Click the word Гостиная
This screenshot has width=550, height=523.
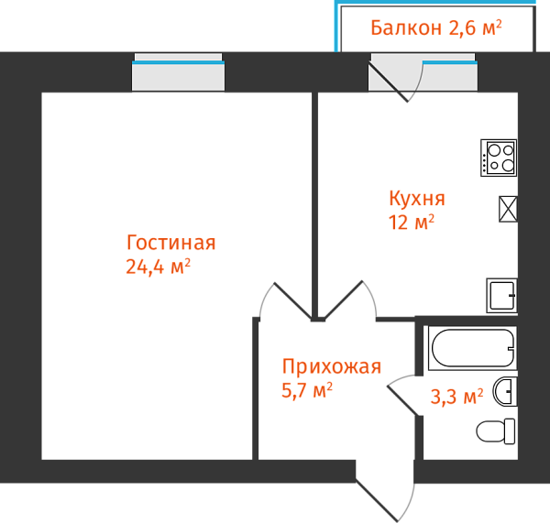coord(171,244)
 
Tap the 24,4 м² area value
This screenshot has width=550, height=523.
coord(157,267)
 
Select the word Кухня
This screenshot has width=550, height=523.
coord(417,199)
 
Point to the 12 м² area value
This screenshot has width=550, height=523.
coord(411,222)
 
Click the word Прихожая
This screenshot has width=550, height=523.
coord(331,368)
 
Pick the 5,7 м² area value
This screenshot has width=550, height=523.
coord(306,391)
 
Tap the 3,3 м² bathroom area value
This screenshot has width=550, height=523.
coord(456,398)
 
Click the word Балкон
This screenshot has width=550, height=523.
coord(406,27)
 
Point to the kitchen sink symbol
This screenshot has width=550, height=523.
coord(501,295)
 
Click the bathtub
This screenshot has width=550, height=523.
coord(472,348)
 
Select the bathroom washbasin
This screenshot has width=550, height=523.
coord(505,392)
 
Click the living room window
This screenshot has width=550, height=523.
coord(179,72)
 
